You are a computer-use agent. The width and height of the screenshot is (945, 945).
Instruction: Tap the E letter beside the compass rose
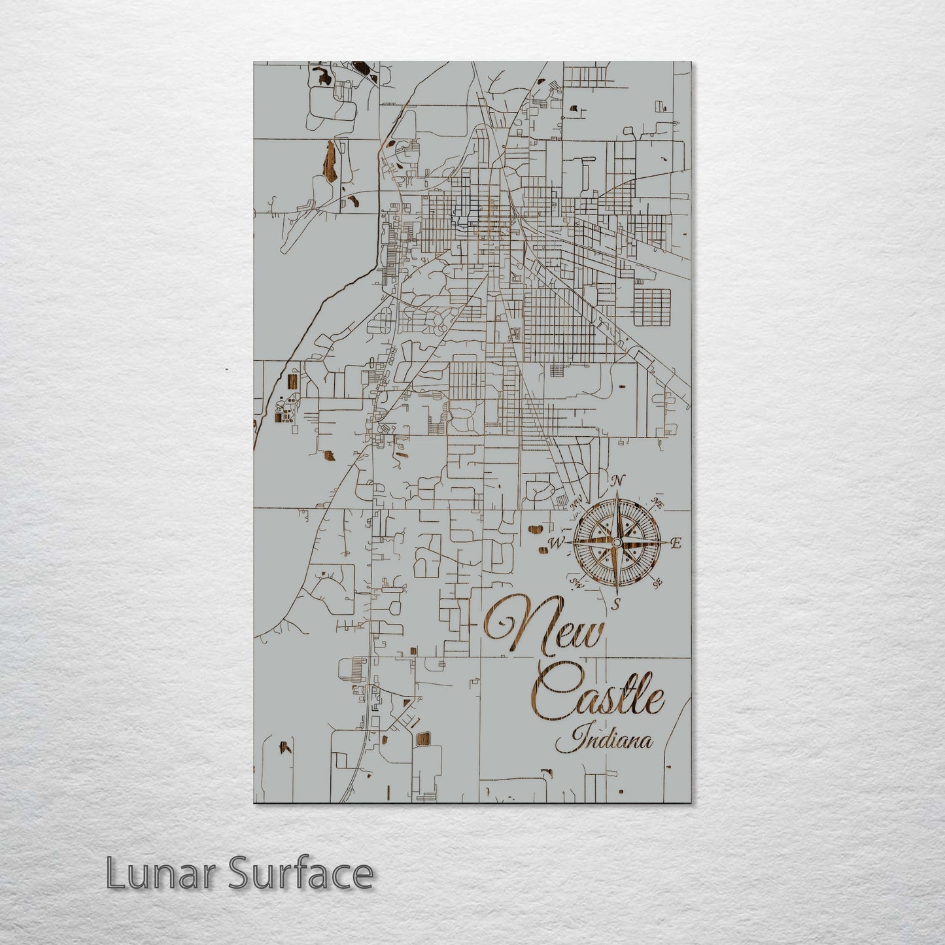click(676, 543)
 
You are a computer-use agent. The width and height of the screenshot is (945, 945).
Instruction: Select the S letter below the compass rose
click(615, 605)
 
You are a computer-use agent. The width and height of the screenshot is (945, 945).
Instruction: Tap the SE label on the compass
click(658, 582)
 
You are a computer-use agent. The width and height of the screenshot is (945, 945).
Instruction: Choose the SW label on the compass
click(576, 581)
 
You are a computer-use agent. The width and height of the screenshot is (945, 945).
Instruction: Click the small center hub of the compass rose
click(615, 542)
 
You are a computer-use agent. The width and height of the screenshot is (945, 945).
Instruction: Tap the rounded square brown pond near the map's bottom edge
click(423, 739)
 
